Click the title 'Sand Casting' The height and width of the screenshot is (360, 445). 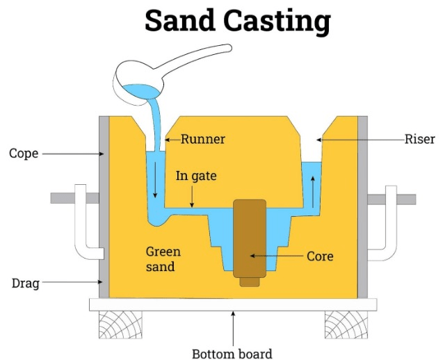coord(236,22)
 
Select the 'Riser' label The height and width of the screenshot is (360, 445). coord(419,139)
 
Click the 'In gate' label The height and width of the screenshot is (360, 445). coord(196,177)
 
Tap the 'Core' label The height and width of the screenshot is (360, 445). coord(320,256)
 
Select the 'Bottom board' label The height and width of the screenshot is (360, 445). coord(232,353)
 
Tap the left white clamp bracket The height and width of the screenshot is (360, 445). coord(83,222)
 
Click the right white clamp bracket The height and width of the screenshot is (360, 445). coord(385,222)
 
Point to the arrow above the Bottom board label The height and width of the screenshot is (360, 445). coord(233,327)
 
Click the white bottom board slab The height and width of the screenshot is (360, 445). coord(233,304)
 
